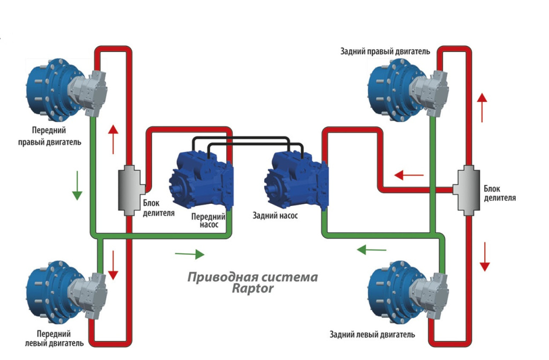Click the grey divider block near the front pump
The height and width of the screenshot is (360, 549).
coord(129,190)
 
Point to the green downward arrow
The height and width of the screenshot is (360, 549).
coord(77,185)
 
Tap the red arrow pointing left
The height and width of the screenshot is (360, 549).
coord(409,175)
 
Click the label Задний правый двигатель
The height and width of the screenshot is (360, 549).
coord(385,52)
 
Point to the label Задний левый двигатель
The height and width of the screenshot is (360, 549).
coord(373,335)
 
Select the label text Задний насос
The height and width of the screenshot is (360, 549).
coord(275,216)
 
